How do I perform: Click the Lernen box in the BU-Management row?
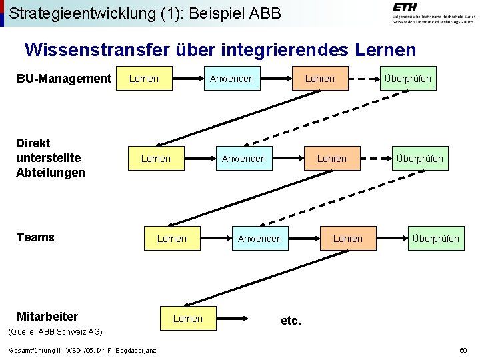click(144, 79)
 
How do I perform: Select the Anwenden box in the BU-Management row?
click(231, 79)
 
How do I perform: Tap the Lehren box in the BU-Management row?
click(320, 79)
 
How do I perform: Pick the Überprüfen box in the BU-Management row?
click(407, 79)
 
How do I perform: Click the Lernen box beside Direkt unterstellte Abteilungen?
click(156, 159)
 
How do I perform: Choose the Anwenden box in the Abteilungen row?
click(243, 159)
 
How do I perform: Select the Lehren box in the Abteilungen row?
click(332, 159)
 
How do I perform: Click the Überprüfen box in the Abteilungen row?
click(419, 159)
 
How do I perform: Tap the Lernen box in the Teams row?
click(172, 238)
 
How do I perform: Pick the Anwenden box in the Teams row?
click(259, 238)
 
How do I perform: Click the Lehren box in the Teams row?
click(348, 238)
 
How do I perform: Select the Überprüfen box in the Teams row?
click(435, 238)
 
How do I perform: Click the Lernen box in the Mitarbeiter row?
click(188, 319)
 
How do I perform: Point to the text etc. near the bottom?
click(291, 321)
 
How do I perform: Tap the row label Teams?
click(35, 237)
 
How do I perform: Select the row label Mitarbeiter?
click(47, 316)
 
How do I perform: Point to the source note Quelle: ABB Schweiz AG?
click(54, 331)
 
